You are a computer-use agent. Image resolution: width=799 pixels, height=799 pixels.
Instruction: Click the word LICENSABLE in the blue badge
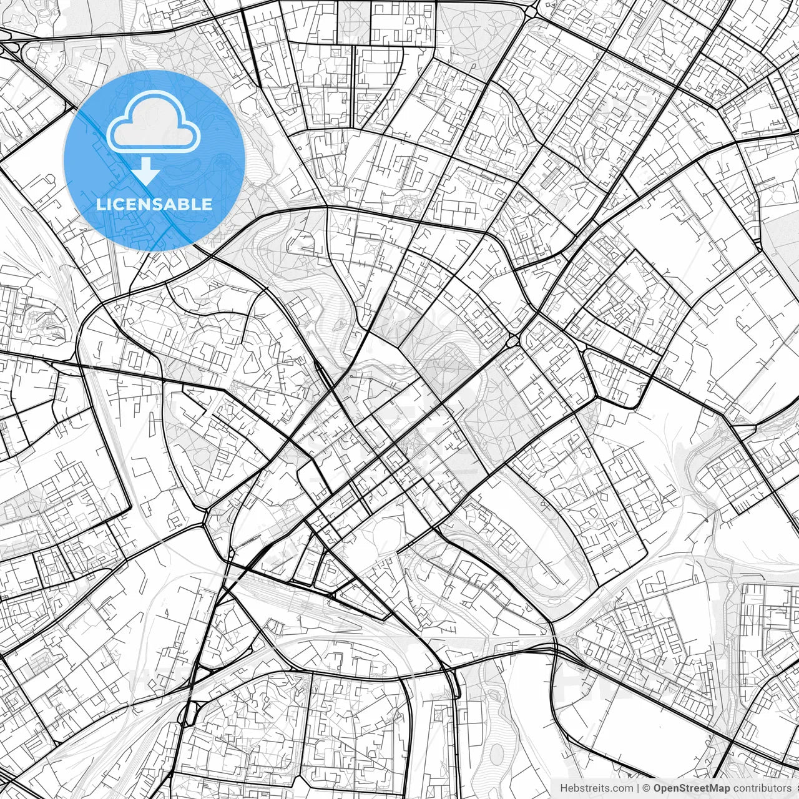coord(154,204)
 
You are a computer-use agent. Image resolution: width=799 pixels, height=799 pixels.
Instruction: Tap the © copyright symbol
coord(647,788)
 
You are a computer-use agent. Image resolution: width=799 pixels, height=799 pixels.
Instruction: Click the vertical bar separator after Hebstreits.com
coord(637,788)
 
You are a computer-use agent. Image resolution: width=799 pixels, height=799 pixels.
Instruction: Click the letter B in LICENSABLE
coord(187,204)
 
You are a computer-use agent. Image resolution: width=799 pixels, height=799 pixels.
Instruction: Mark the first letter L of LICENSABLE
coord(100,204)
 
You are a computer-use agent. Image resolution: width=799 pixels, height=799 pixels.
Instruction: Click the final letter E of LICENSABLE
coord(208,204)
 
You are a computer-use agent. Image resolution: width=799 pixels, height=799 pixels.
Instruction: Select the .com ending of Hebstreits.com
coord(622,788)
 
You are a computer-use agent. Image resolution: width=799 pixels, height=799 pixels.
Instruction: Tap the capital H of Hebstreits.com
coord(564,788)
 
